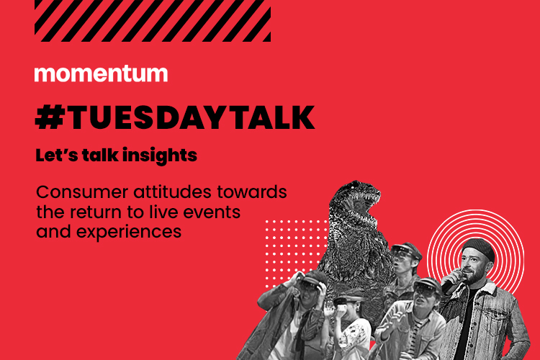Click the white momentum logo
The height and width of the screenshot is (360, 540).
tap(101, 73)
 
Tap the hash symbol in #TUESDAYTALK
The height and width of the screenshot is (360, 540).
tap(50, 117)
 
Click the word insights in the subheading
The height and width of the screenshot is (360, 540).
tap(160, 156)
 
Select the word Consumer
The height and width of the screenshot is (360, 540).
tap(82, 192)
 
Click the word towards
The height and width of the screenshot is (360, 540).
tap(252, 192)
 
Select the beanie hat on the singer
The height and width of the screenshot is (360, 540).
tap(479, 248)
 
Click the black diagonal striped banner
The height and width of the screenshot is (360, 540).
tap(153, 21)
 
